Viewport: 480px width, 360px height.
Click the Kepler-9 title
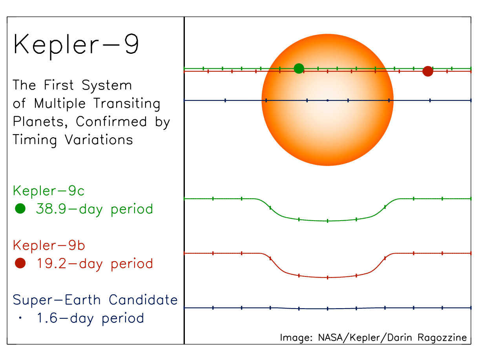coord(76,44)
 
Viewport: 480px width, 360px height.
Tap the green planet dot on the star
coord(299,68)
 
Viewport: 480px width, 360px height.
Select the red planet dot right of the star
coord(427,71)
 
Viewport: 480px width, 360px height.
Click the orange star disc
coord(327,118)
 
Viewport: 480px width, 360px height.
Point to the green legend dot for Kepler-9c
coord(20,209)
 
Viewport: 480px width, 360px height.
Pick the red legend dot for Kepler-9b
coord(20,263)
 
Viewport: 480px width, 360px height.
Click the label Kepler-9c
coord(49,191)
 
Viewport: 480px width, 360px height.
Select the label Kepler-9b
coord(49,246)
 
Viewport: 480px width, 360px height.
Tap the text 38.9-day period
coord(94,209)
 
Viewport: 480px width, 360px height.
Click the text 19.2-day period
coord(94,263)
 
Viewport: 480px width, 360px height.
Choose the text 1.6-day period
coord(90,318)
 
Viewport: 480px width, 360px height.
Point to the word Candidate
coord(143,300)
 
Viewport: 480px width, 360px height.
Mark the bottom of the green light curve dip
coord(327,221)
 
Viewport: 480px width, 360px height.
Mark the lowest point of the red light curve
coord(327,278)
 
